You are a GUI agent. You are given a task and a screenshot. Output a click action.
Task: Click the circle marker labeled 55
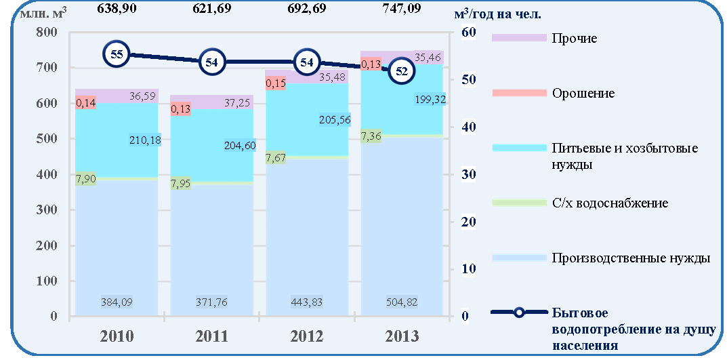click(x=117, y=55)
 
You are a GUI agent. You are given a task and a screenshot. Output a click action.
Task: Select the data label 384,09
click(x=117, y=302)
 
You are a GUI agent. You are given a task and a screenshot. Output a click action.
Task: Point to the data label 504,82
click(x=402, y=302)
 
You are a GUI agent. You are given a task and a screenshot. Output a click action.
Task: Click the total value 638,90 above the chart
click(x=117, y=8)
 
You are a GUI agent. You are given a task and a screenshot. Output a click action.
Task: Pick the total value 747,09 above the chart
click(x=402, y=8)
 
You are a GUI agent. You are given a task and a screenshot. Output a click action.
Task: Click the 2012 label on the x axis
click(x=307, y=336)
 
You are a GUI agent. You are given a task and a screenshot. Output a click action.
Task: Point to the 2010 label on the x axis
click(x=117, y=336)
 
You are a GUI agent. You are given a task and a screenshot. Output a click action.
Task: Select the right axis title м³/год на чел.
click(x=498, y=14)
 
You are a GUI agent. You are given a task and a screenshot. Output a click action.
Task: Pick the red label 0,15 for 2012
click(x=274, y=83)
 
